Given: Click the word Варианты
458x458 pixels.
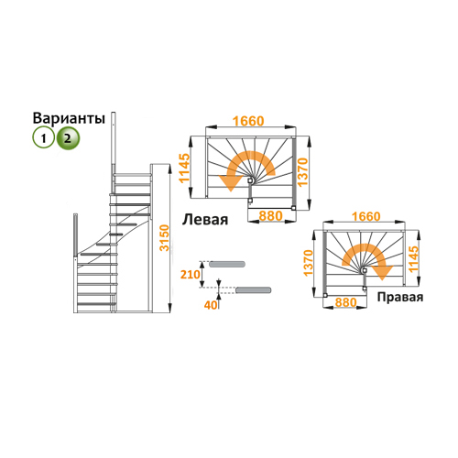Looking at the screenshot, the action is click(69, 118).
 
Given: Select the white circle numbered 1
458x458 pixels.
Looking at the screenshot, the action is click(43, 138).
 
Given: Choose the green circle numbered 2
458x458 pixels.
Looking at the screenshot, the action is click(68, 138).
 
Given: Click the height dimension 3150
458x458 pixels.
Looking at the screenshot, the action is click(165, 238).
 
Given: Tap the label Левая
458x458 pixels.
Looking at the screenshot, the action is click(205, 220).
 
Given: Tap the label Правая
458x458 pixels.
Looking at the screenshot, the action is click(400, 297).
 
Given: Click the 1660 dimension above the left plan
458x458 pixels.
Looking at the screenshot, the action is click(248, 121).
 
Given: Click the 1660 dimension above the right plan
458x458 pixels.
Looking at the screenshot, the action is click(366, 216).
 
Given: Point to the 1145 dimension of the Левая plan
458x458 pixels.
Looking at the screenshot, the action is click(184, 169).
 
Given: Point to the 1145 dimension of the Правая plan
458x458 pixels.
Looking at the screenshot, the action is click(413, 259).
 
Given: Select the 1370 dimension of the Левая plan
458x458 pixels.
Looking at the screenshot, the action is click(303, 172).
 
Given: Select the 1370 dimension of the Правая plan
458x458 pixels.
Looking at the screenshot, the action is click(309, 263).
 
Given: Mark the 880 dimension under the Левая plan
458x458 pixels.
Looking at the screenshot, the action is click(270, 216).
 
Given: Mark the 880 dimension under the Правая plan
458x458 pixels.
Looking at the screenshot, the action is click(346, 302).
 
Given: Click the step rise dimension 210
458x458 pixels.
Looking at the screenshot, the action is click(190, 274).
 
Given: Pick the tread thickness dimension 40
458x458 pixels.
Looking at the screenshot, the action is click(211, 305).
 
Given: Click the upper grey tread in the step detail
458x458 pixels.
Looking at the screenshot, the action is click(227, 264).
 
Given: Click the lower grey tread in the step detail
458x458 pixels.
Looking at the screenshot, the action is click(254, 290).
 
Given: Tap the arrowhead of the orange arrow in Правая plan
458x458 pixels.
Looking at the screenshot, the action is click(382, 273).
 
